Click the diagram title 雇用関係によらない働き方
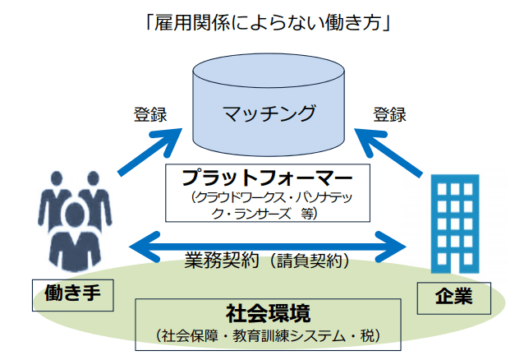[x=267, y=23]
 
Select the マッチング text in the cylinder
[x=269, y=113]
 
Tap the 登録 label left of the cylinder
[x=150, y=114]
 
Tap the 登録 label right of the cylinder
[x=389, y=114]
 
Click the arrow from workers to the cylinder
[x=149, y=152]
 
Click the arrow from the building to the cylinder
[x=389, y=153]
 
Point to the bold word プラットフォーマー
[x=267, y=178]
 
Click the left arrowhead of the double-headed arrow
[x=145, y=247]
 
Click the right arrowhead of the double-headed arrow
[x=391, y=247]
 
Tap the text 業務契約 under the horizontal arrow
[x=222, y=261]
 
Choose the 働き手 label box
[x=73, y=295]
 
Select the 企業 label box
[x=454, y=298]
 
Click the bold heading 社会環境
[x=268, y=313]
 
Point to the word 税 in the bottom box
[x=367, y=336]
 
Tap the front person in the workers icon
[x=75, y=238]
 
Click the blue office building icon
[x=455, y=224]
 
